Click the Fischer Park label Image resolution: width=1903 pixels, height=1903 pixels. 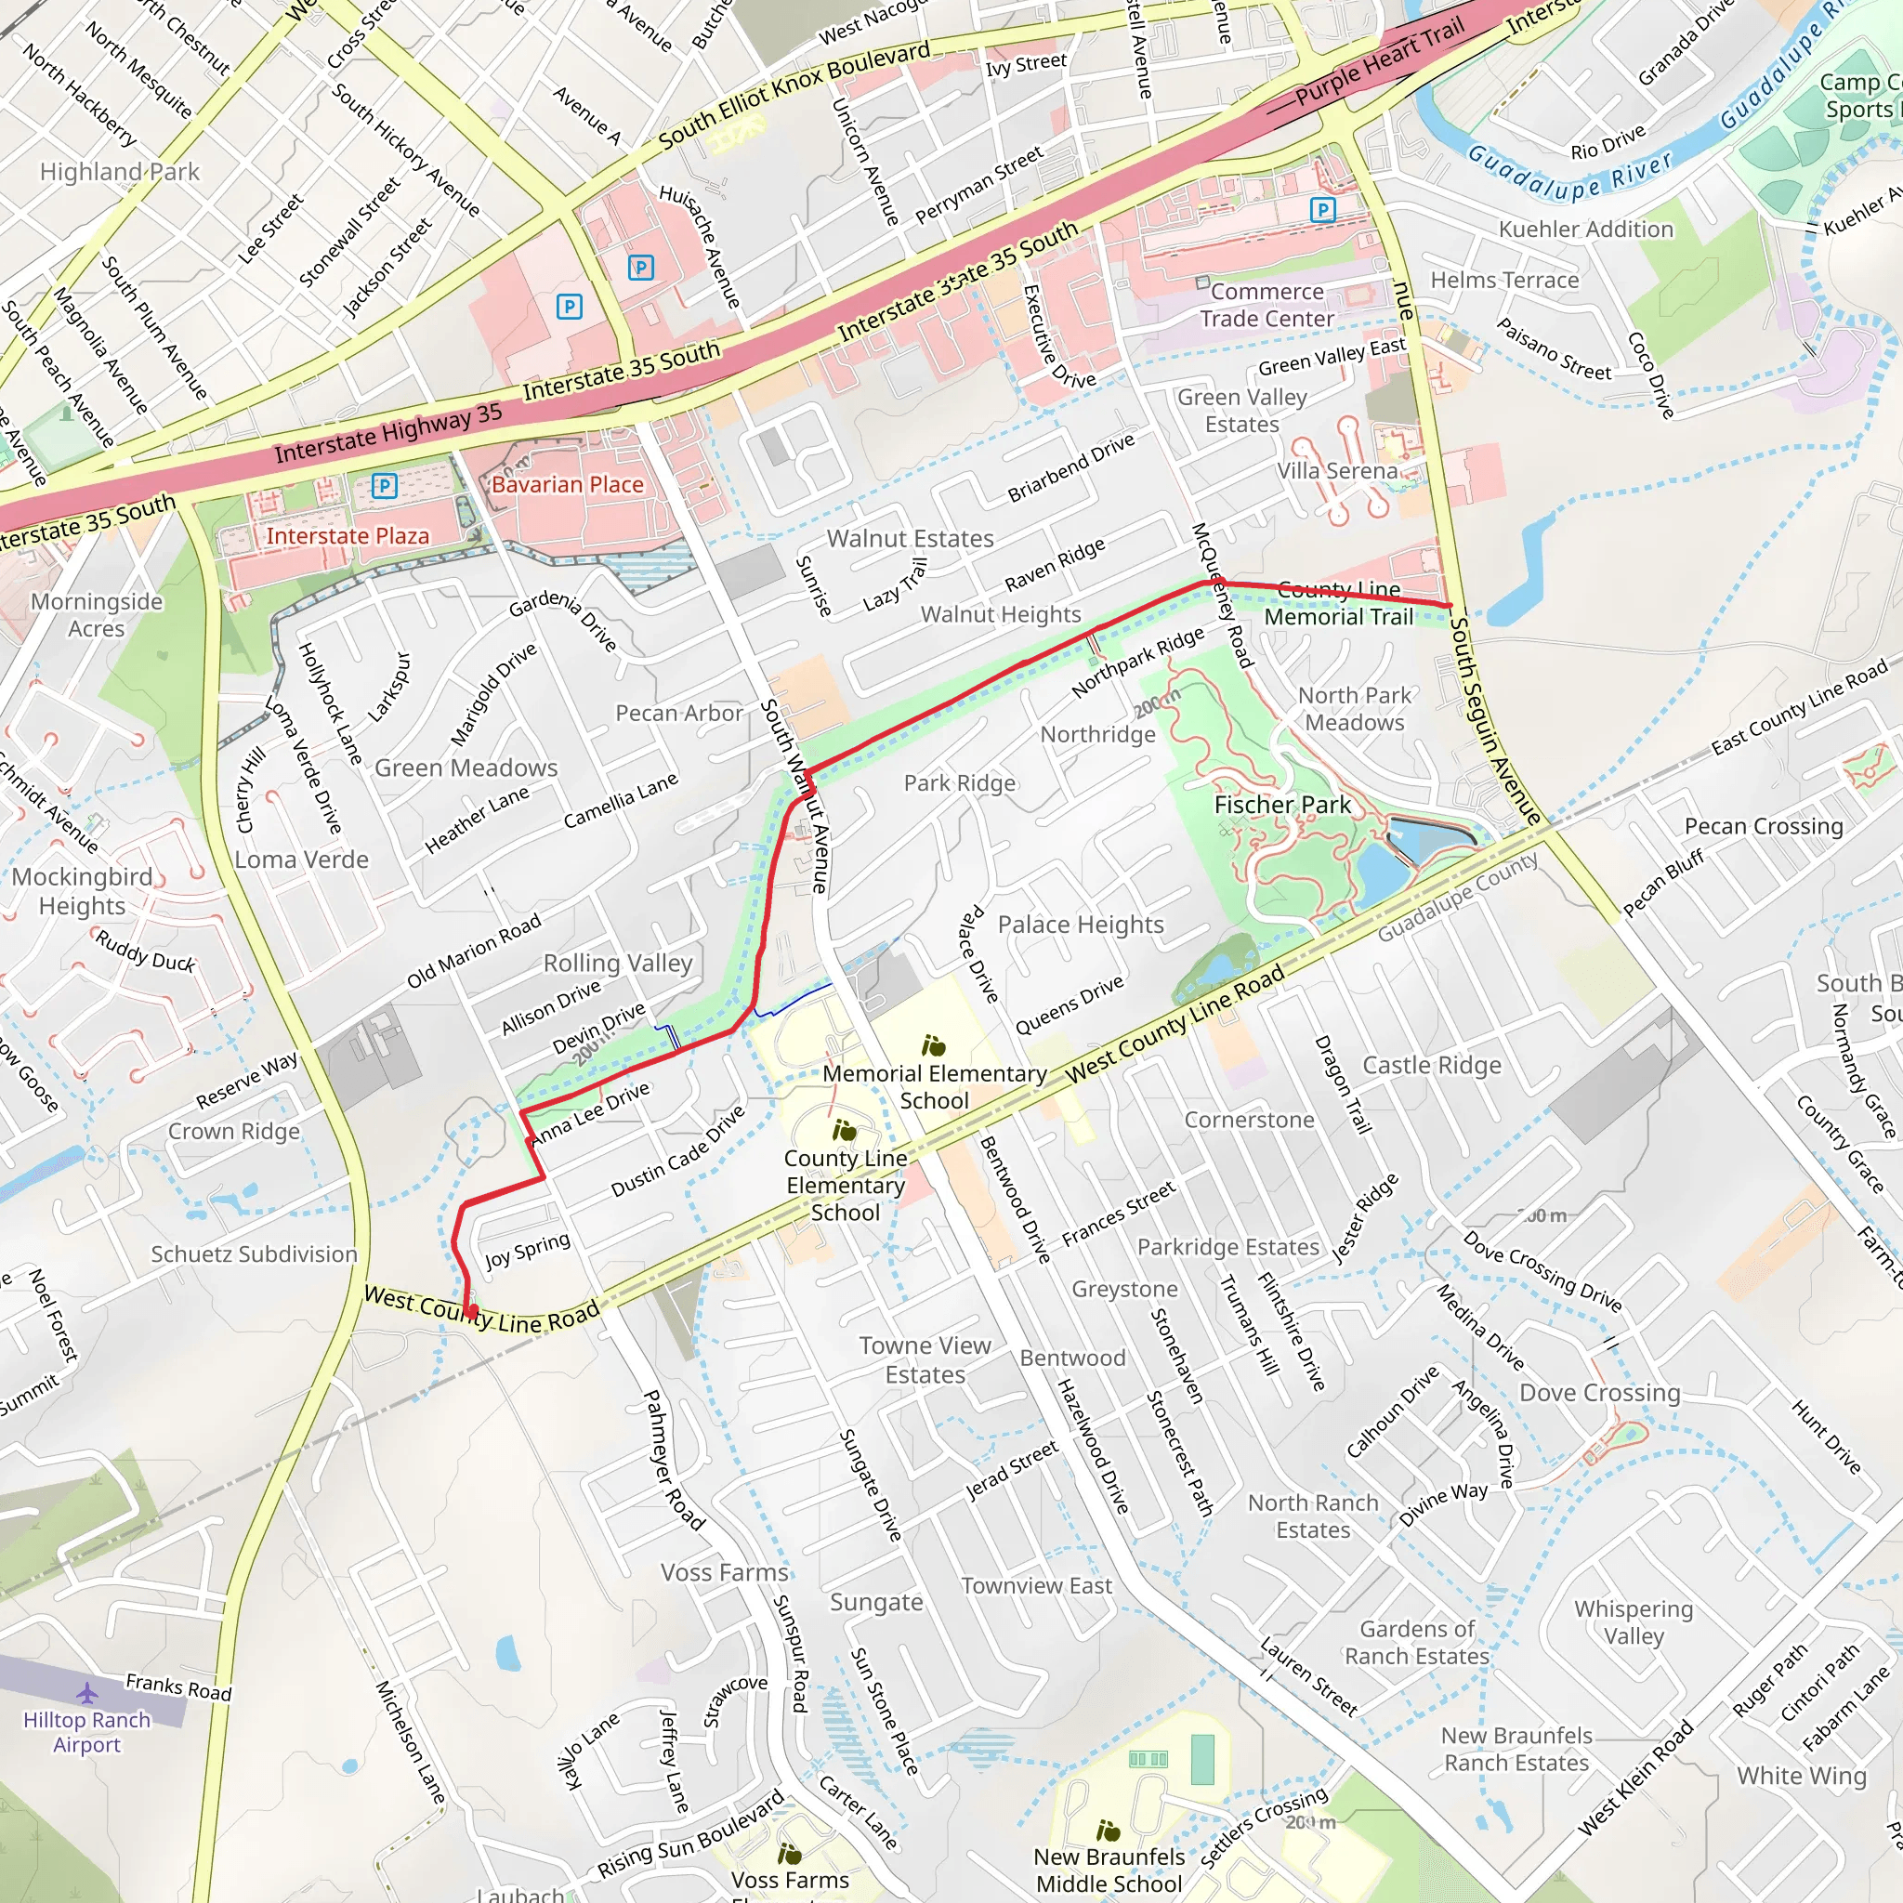point(1281,805)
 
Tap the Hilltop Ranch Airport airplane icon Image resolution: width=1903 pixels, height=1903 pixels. point(87,1693)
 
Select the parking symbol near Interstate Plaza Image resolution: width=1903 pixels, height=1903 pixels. point(384,486)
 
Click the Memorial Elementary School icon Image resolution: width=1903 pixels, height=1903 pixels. point(933,1045)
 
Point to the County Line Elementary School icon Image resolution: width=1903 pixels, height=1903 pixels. point(844,1130)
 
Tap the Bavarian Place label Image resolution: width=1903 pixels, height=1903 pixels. point(568,485)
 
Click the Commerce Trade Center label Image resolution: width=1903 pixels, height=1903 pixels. point(1266,306)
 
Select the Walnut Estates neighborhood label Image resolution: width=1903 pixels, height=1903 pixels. point(909,539)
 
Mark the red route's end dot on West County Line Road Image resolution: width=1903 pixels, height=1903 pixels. point(473,1311)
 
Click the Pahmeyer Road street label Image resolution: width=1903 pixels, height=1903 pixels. point(673,1460)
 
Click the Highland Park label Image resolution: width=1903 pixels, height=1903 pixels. point(119,173)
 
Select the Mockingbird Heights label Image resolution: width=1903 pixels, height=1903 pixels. point(82,890)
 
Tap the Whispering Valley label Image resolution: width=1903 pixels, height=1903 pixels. point(1634,1622)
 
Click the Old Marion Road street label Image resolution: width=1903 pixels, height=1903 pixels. point(474,951)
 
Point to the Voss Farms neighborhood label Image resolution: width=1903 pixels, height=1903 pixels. point(724,1573)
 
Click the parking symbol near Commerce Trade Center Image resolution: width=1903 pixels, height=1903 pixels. point(1322,210)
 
